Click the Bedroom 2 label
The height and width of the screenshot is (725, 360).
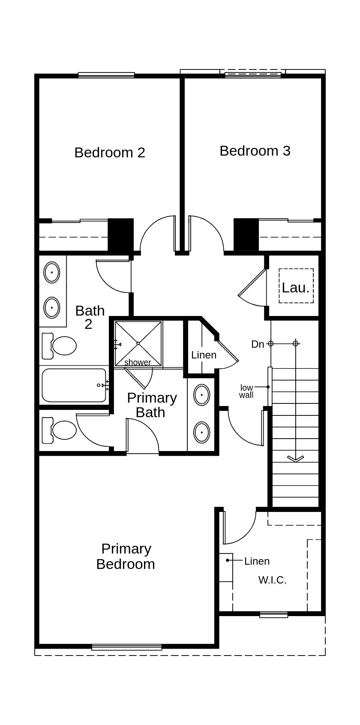pyautogui.click(x=110, y=153)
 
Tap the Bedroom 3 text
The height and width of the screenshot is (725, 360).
pyautogui.click(x=255, y=151)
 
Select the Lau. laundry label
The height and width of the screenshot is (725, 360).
pyautogui.click(x=296, y=288)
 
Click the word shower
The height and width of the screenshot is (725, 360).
pyautogui.click(x=138, y=362)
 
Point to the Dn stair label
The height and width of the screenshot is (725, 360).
pyautogui.click(x=258, y=344)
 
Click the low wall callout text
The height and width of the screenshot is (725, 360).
pyautogui.click(x=246, y=391)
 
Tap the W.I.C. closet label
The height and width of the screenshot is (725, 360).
pyautogui.click(x=272, y=580)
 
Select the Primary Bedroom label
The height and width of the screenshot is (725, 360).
pyautogui.click(x=126, y=557)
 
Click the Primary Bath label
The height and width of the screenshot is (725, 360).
pyautogui.click(x=152, y=405)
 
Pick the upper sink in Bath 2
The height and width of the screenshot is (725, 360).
pyautogui.click(x=52, y=273)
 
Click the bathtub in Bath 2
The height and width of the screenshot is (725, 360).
pyautogui.click(x=74, y=385)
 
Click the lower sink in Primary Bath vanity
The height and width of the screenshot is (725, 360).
pyautogui.click(x=202, y=432)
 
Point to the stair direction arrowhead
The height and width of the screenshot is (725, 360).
pyautogui.click(x=295, y=459)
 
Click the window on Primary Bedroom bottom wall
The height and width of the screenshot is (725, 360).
pyautogui.click(x=126, y=647)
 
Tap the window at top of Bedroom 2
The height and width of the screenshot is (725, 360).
pyautogui.click(x=106, y=75)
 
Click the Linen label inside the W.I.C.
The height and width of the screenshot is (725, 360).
pyautogui.click(x=257, y=561)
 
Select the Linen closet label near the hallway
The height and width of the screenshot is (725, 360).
pyautogui.click(x=204, y=355)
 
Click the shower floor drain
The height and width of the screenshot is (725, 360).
pyautogui.click(x=138, y=343)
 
